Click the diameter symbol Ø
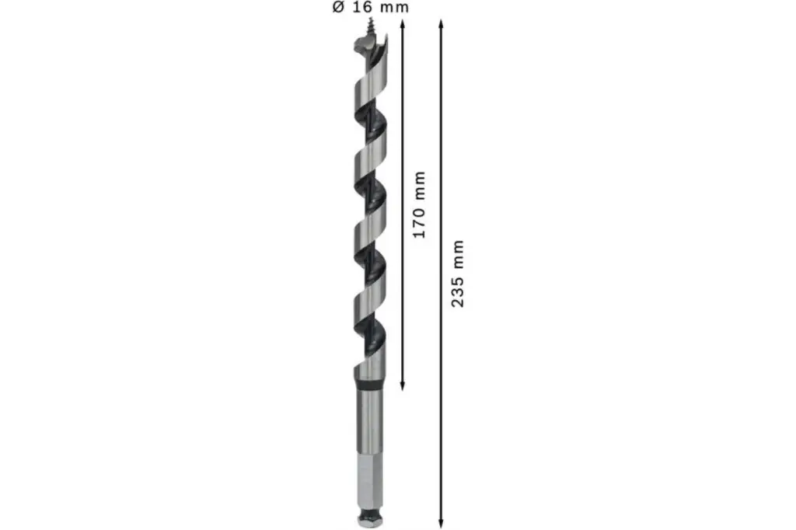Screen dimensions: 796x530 (x=339, y=7)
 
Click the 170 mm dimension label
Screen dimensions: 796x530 (x=419, y=204)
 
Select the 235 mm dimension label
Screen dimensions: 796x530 (x=458, y=273)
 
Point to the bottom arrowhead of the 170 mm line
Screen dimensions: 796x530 (x=403, y=385)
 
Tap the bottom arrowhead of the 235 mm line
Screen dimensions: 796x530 (x=441, y=523)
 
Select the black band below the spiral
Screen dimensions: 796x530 (x=369, y=386)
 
